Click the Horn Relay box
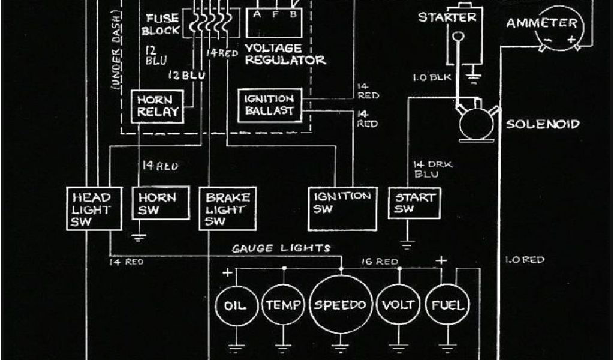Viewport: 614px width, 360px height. (x=155, y=106)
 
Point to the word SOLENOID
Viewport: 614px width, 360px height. (x=543, y=125)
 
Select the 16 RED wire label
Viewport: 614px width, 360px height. (x=379, y=261)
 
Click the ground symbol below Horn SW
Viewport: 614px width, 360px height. (x=140, y=236)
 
